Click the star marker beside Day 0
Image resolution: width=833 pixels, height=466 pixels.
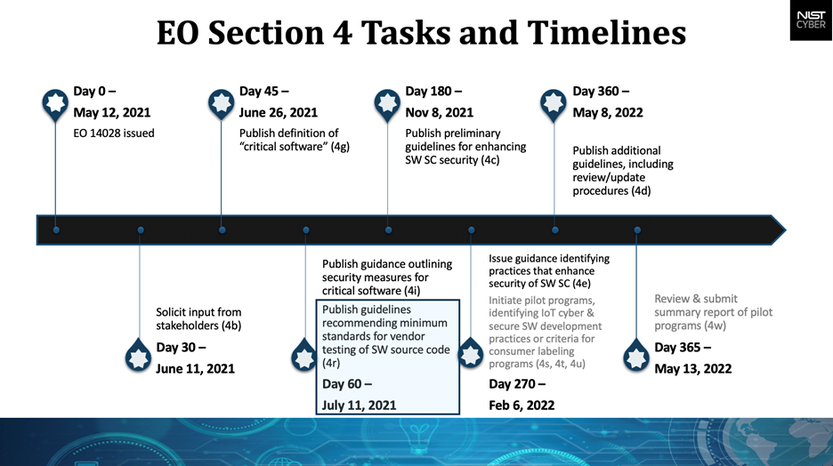click(x=56, y=103)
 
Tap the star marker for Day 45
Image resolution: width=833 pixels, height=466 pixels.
click(x=222, y=103)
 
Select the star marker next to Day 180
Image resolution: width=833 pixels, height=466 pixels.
click(x=387, y=103)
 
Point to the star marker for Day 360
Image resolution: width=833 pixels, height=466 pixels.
click(x=554, y=103)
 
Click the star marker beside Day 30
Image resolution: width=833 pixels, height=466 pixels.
click(x=140, y=356)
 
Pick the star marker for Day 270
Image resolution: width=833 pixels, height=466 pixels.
click(x=471, y=356)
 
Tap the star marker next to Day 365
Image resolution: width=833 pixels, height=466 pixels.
click(x=636, y=356)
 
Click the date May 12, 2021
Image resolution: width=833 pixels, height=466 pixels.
click(x=112, y=113)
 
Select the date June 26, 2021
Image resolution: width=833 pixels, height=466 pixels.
click(x=279, y=113)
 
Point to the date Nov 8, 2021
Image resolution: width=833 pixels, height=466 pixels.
click(x=440, y=113)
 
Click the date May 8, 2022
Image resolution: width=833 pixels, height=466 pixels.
click(x=608, y=113)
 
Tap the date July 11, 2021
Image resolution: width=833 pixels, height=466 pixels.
click(x=359, y=405)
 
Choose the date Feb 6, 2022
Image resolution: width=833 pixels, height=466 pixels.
click(x=522, y=405)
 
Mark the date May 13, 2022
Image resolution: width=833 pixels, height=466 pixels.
click(x=692, y=368)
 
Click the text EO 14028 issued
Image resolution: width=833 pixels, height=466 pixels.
click(x=114, y=133)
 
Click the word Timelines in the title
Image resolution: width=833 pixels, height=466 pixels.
click(x=606, y=33)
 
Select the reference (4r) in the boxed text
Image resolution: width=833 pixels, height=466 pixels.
click(x=331, y=364)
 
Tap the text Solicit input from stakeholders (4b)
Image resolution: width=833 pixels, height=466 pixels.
click(x=198, y=318)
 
